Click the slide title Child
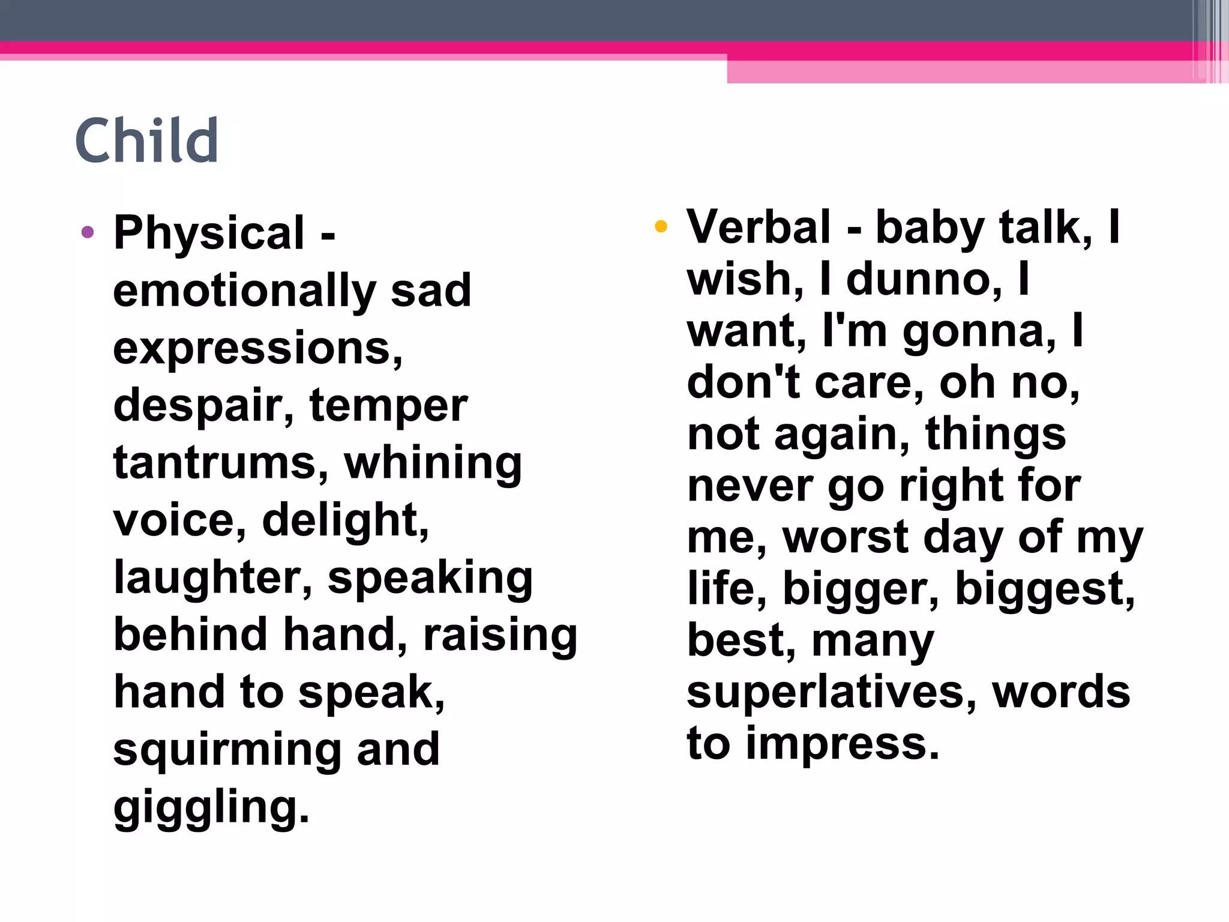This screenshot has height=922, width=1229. click(146, 140)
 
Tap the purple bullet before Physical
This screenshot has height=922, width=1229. click(88, 232)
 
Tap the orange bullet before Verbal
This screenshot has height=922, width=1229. click(661, 226)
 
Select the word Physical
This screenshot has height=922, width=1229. click(209, 233)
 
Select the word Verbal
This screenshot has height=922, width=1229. click(759, 227)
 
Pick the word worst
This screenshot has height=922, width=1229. click(846, 537)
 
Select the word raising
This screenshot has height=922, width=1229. click(500, 636)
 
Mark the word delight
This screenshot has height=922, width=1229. click(345, 520)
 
